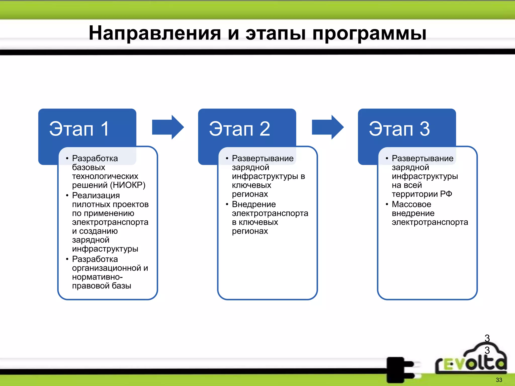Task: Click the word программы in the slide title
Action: click(369, 33)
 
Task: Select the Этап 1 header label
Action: click(79, 129)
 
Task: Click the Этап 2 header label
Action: click(239, 129)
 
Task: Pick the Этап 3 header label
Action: click(399, 129)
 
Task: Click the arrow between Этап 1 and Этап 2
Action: click(168, 127)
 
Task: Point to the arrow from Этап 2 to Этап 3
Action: click(328, 127)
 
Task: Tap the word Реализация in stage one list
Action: click(96, 196)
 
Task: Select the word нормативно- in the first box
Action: click(97, 277)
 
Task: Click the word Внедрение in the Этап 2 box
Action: click(254, 204)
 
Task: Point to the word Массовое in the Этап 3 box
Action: click(411, 204)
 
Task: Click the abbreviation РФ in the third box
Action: click(446, 194)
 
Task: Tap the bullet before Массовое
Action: click(387, 204)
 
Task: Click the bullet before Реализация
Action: click(67, 196)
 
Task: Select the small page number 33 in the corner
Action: click(499, 380)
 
